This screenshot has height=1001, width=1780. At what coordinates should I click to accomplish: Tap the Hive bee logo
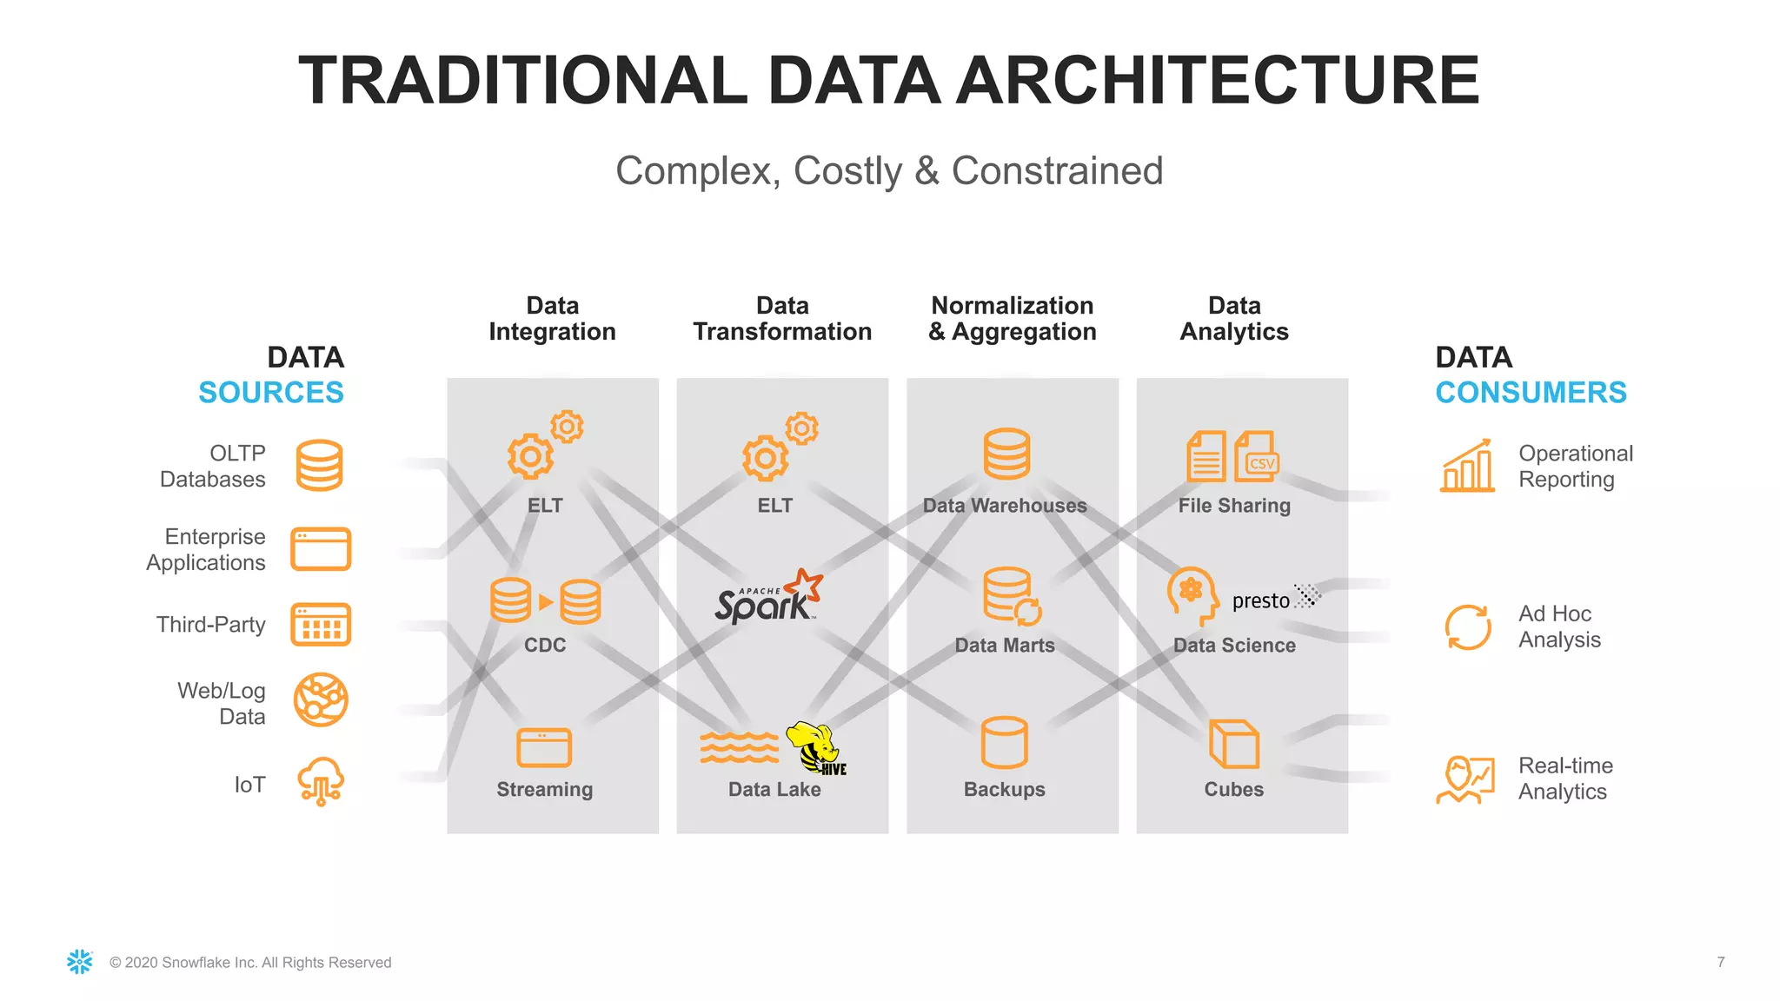tap(817, 747)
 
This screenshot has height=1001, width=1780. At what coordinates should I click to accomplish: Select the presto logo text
tap(1261, 600)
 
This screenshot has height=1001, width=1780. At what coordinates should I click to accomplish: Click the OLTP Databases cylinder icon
tap(319, 466)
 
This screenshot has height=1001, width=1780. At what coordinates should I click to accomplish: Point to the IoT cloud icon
tap(321, 780)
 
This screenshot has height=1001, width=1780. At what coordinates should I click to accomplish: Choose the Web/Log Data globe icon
tap(321, 699)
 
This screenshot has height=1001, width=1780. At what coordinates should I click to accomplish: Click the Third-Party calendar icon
tap(321, 625)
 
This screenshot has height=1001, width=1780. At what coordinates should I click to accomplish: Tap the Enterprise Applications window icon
tap(321, 549)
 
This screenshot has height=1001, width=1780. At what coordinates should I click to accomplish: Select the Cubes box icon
tap(1234, 744)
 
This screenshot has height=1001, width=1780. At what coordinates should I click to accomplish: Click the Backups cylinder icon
tap(1005, 743)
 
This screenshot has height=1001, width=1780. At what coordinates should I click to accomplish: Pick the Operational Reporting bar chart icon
tap(1467, 466)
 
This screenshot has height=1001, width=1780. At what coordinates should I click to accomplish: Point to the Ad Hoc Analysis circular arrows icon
tap(1468, 626)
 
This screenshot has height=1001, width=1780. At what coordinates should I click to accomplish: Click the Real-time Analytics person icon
tap(1465, 779)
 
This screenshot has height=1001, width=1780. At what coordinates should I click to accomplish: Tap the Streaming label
tap(545, 789)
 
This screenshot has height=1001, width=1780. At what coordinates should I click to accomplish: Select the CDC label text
tap(545, 645)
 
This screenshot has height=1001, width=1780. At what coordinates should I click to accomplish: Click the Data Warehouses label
tap(1005, 506)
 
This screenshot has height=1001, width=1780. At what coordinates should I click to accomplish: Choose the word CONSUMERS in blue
tap(1531, 393)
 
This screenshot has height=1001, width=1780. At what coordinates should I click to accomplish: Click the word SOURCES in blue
tap(271, 393)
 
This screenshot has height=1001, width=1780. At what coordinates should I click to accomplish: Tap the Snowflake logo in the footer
tap(80, 962)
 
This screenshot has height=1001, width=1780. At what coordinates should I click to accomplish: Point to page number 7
tap(1721, 962)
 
